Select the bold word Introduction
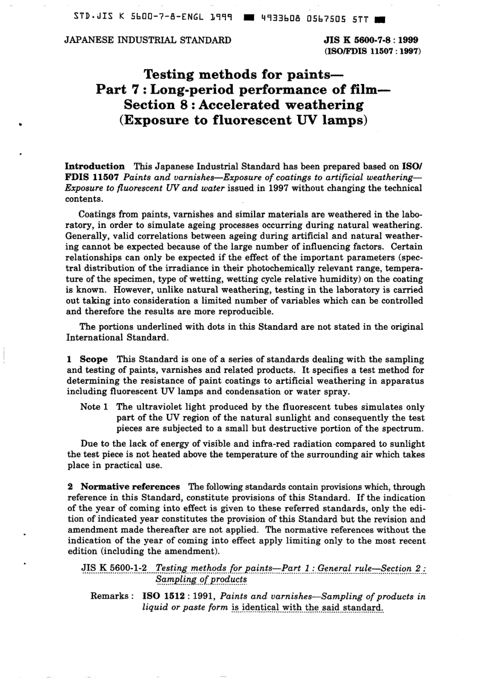95,166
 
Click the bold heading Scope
93,359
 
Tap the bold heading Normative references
130,487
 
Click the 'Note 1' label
94,407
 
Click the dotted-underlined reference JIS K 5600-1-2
114,568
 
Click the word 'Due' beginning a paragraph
89,444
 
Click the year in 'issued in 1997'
279,188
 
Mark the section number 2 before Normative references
70,487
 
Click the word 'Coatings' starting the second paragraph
99,214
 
